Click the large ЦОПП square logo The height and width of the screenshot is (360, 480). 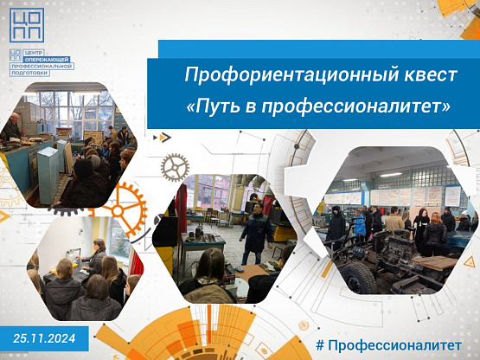pos(27,25)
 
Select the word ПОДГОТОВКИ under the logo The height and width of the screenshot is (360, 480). pos(29,73)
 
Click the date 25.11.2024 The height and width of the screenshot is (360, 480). pos(44,338)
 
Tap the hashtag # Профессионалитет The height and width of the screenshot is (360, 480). pos(388,345)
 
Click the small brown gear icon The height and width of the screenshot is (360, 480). pos(175,168)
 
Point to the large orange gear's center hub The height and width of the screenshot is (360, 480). pos(118,211)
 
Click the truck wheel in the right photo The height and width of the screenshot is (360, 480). pos(359,277)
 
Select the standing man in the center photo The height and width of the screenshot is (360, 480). pos(257,233)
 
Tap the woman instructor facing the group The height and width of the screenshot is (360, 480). pos(95,257)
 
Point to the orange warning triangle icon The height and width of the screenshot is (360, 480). pos(469,262)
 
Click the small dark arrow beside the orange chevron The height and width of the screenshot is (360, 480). pos(155,138)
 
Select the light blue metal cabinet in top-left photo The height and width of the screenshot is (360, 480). pos(48,175)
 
